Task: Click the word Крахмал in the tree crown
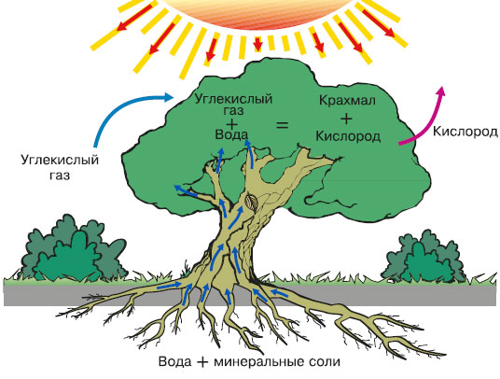(x=347, y=101)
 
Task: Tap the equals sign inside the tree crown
(x=282, y=125)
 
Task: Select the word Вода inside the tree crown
(x=232, y=134)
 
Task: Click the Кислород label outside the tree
(x=465, y=132)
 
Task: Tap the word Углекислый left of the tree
(x=60, y=160)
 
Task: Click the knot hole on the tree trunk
(x=251, y=202)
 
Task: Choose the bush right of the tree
(x=425, y=257)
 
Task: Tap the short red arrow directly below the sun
(x=258, y=44)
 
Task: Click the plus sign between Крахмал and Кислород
(x=347, y=119)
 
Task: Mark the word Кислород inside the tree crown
(x=348, y=136)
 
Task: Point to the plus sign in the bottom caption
(x=202, y=362)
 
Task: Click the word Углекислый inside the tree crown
(x=233, y=99)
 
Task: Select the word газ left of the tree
(x=60, y=175)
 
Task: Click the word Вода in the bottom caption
(x=175, y=362)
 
